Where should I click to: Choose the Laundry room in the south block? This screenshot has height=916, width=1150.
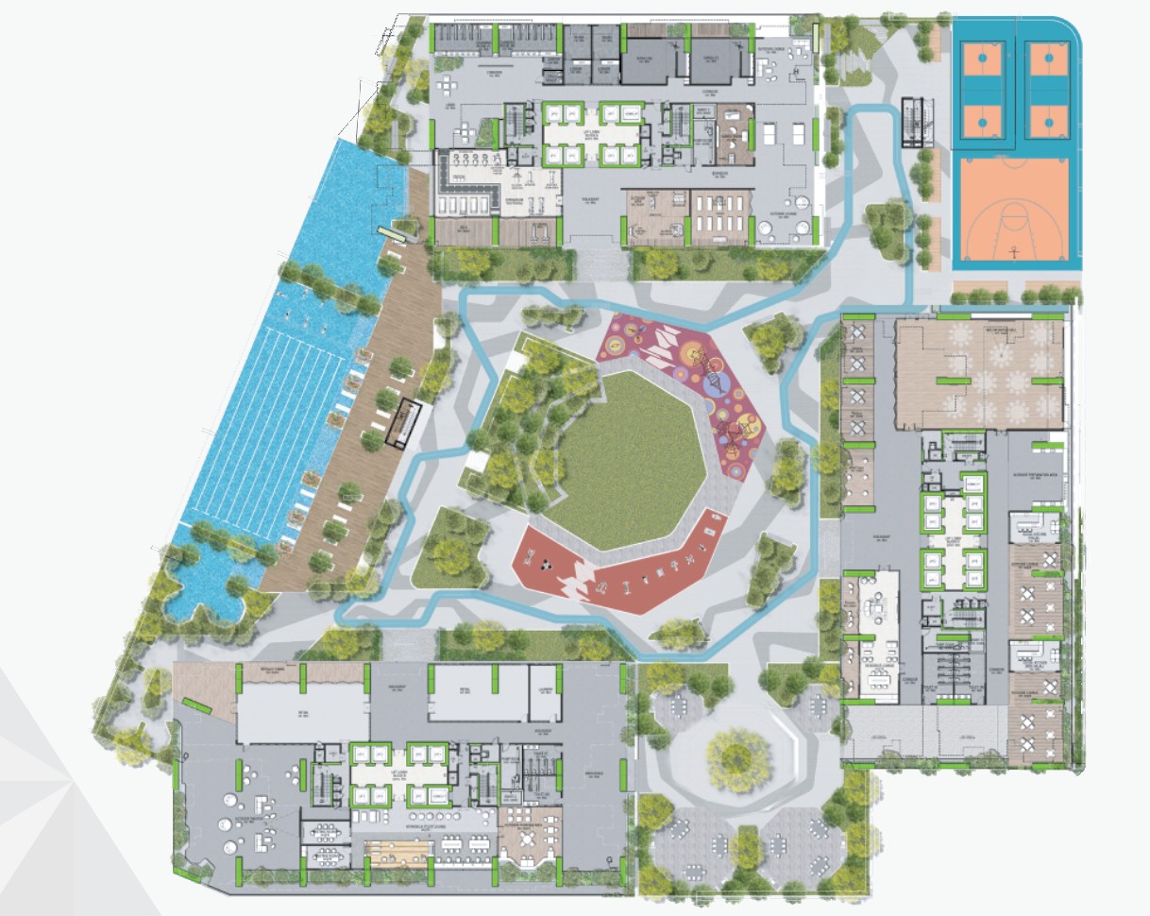[545, 693]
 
